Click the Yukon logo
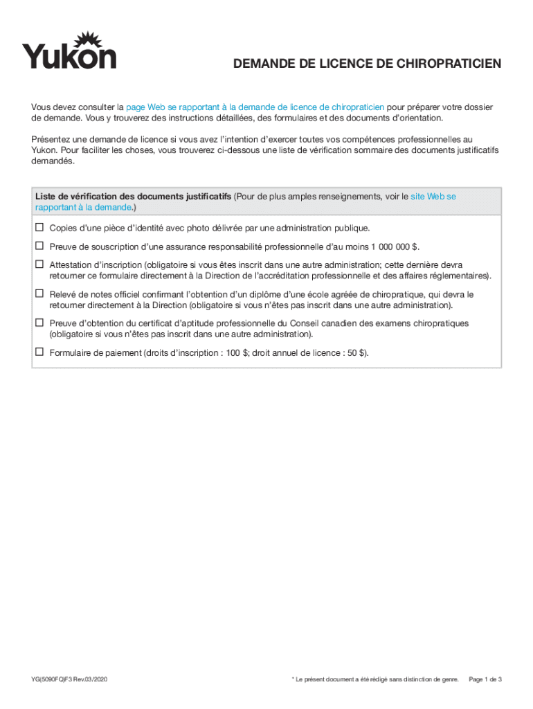pyautogui.click(x=69, y=51)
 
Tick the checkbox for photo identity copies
pyautogui.click(x=39, y=227)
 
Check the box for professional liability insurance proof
pyautogui.click(x=39, y=246)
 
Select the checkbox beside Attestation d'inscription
pyautogui.click(x=39, y=264)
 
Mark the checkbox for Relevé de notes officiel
pyautogui.click(x=39, y=294)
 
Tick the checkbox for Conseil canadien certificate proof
pyautogui.click(x=39, y=323)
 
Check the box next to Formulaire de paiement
pyautogui.click(x=39, y=352)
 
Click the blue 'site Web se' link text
pyautogui.click(x=433, y=197)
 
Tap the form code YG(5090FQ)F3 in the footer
pyautogui.click(x=69, y=679)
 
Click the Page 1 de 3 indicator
pyautogui.click(x=485, y=679)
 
